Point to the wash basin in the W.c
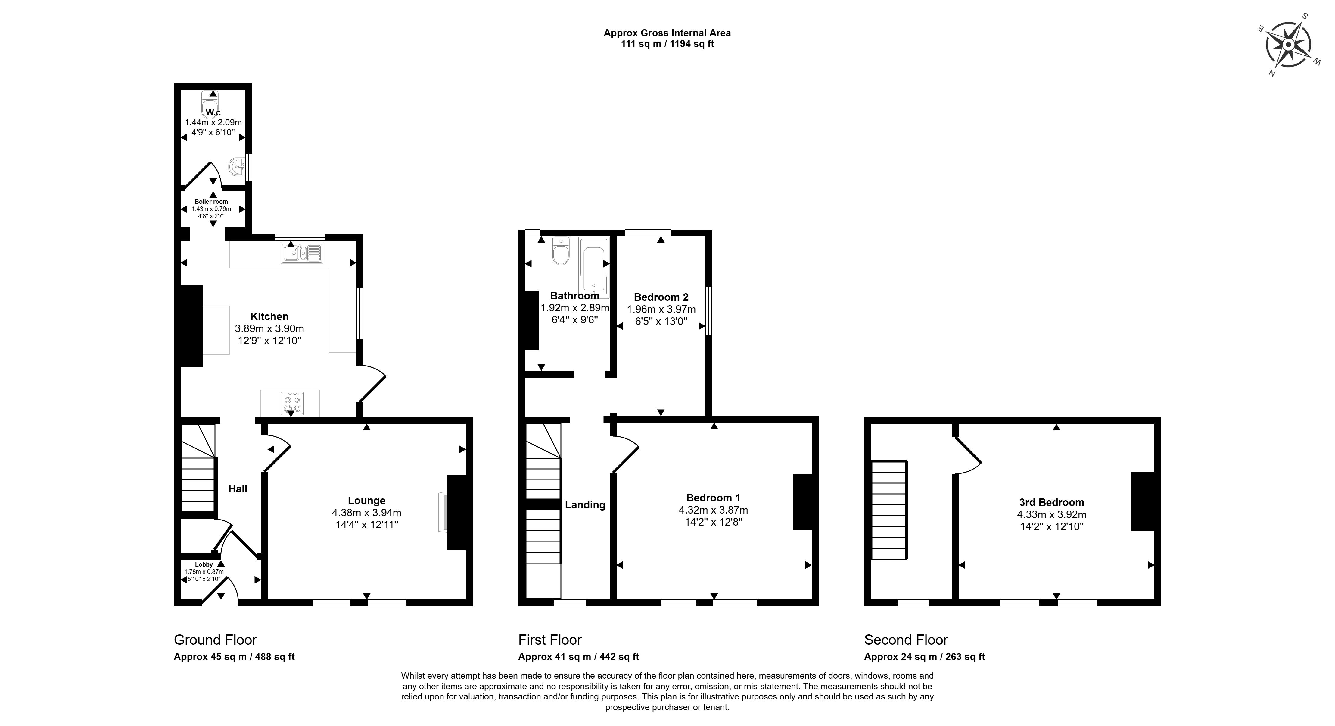click(237, 166)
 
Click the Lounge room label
click(366, 500)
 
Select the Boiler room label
click(211, 202)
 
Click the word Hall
click(238, 489)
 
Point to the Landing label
click(585, 504)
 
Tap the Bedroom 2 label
click(661, 297)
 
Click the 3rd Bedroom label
click(1051, 502)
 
